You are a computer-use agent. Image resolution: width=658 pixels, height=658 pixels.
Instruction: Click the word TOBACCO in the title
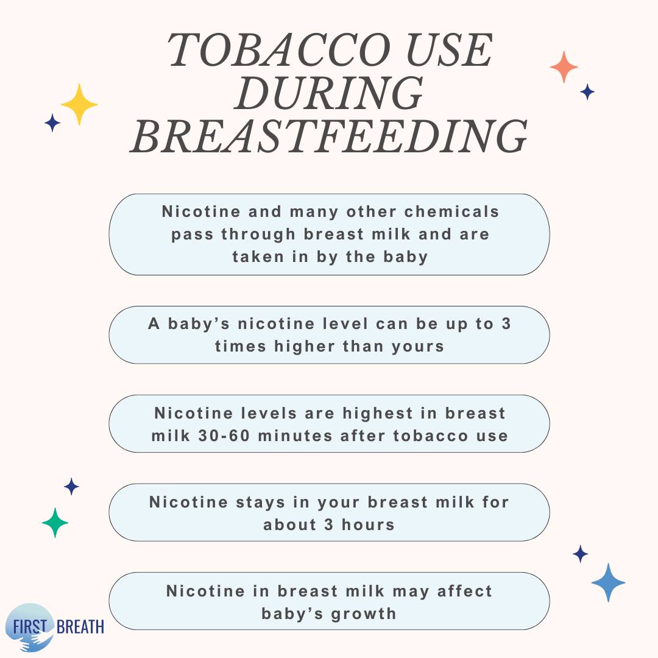[278, 51]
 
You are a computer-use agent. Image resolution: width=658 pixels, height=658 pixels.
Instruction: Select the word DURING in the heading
[329, 93]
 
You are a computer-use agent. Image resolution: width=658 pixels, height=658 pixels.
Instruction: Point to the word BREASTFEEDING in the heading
[329, 136]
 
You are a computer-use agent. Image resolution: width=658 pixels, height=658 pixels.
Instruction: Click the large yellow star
[79, 105]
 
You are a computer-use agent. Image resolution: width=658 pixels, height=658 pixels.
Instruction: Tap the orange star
[564, 67]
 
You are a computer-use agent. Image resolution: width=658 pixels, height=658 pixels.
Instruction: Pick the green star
[55, 523]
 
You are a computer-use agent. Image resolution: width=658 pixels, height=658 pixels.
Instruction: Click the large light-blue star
[608, 582]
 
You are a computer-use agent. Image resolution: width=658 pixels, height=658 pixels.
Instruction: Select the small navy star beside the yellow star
[52, 122]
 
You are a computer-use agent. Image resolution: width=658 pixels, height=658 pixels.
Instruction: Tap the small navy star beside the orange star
[587, 91]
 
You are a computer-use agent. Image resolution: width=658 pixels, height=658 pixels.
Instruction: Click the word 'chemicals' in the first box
[451, 211]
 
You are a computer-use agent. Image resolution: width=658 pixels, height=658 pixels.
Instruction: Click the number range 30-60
[224, 436]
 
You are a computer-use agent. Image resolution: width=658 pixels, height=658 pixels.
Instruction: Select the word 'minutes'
[295, 436]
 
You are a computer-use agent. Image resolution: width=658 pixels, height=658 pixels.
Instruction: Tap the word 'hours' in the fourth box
[368, 525]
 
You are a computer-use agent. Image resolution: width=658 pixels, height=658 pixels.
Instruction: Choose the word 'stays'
[260, 502]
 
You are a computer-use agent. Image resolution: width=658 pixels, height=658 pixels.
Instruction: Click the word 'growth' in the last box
[364, 614]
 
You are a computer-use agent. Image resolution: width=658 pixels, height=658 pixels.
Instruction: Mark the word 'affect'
[464, 591]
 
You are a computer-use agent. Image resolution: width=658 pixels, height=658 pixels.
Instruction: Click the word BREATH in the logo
[80, 627]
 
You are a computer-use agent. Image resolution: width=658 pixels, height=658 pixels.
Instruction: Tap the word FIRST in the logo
[29, 627]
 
